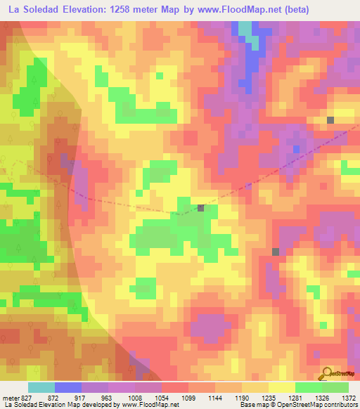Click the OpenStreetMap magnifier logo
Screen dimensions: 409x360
[327, 373]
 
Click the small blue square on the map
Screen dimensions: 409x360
[296, 149]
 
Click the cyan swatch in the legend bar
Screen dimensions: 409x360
[41, 387]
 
